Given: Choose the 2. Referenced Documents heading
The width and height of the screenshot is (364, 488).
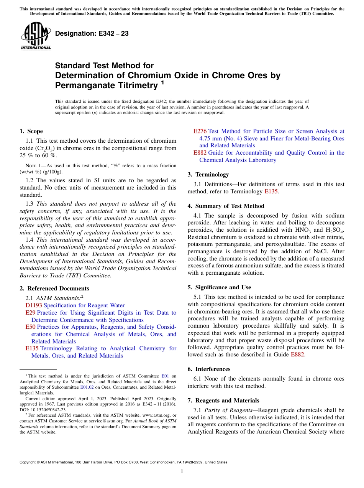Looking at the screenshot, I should click(x=54, y=289).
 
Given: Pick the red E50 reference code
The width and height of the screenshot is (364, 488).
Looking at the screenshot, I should click(x=30, y=327).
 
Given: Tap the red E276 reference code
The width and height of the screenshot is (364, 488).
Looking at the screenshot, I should click(x=200, y=131).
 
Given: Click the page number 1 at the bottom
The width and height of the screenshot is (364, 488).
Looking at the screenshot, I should click(x=182, y=472).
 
